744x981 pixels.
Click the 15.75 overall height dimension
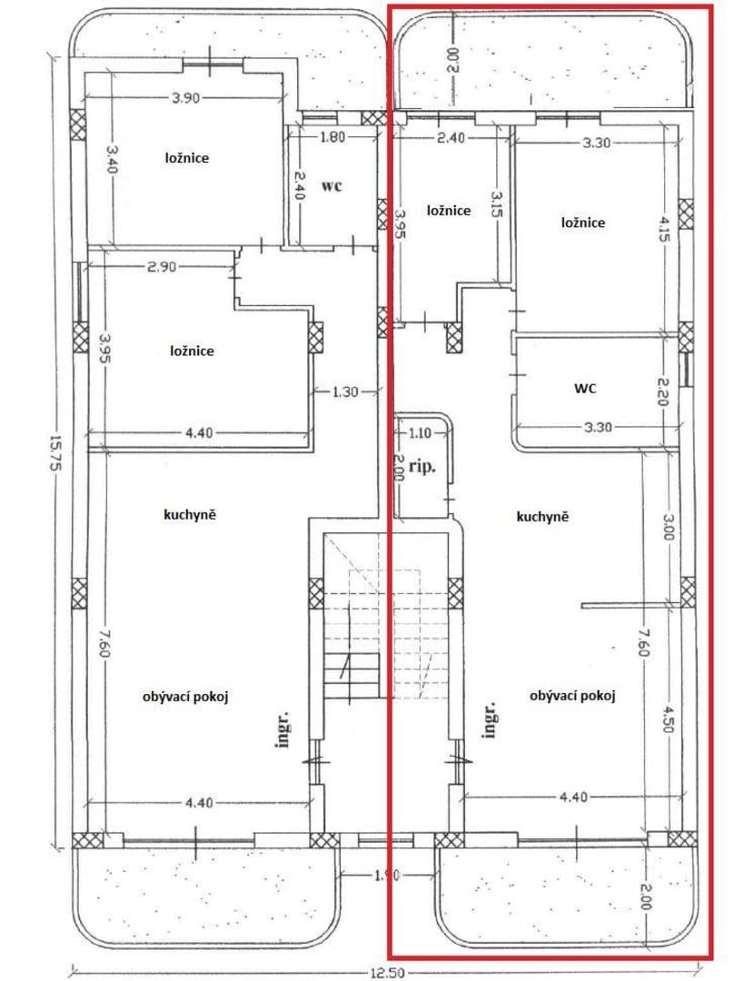pos(54,453)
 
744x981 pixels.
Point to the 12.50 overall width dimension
pos(387,972)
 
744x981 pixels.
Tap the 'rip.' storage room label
pos(422,467)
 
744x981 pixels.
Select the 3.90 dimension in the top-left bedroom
pos(186,97)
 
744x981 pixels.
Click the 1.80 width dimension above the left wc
pos(332,136)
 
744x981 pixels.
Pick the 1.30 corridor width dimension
pos(345,392)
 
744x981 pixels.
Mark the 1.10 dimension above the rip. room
pos(420,432)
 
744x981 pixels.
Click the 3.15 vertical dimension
pos(497,204)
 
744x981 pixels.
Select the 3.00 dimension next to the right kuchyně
pos(668,527)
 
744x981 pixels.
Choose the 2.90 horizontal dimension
pos(162,267)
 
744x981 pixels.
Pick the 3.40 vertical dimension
pos(112,159)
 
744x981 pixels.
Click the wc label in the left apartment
pos(332,186)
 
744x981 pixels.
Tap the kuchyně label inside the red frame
pos(542,517)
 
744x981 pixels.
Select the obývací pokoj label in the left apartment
pos(185,697)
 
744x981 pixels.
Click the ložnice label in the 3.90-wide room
pos(187,158)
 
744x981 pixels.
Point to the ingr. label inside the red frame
pos(490,719)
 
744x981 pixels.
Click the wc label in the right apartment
pos(585,388)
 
